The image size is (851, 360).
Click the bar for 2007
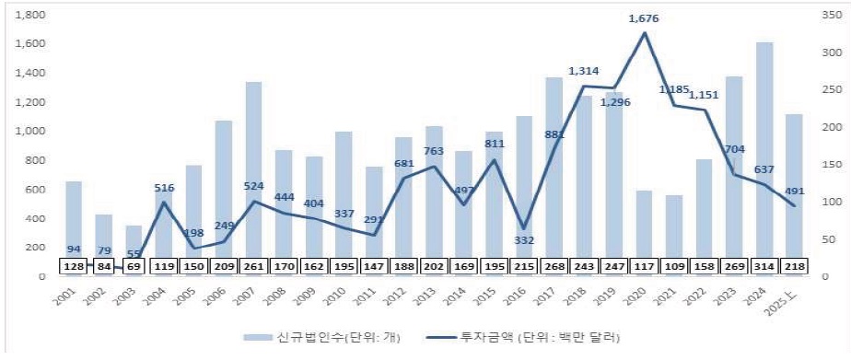[253, 175]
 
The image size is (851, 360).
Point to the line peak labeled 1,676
[644, 33]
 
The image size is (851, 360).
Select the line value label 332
[524, 240]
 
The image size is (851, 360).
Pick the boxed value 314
[764, 267]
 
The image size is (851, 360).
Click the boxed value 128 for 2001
[74, 267]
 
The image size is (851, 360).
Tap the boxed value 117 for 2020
[644, 267]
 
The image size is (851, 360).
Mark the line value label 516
[164, 187]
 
